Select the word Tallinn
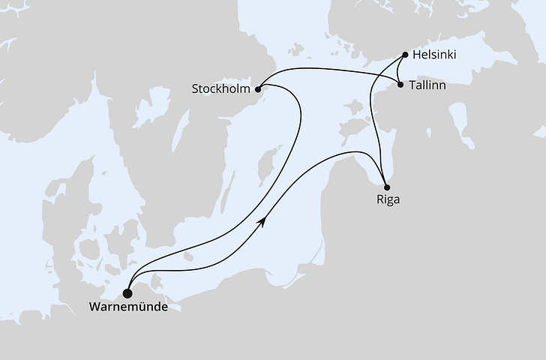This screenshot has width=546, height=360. (x=429, y=85)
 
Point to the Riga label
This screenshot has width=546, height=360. (x=388, y=200)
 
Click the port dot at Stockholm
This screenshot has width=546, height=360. (x=260, y=88)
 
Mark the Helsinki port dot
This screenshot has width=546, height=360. (x=405, y=55)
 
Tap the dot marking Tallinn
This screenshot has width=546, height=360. (x=400, y=84)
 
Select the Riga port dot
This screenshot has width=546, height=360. (x=386, y=187)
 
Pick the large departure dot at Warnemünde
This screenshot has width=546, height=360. (x=128, y=293)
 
